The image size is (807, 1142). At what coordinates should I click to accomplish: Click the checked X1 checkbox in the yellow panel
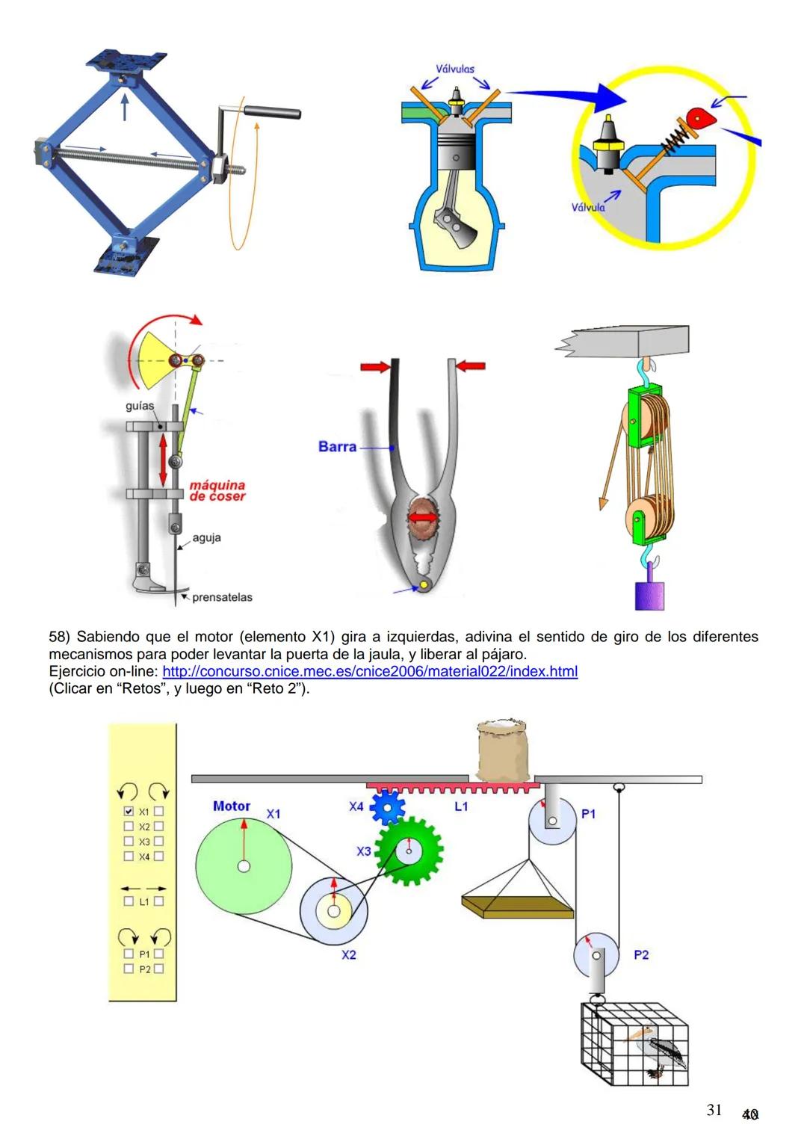[129, 811]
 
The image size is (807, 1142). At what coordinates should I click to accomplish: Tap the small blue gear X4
[387, 806]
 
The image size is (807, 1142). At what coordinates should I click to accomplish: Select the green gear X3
[408, 851]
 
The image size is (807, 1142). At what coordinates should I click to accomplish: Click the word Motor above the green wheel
[232, 806]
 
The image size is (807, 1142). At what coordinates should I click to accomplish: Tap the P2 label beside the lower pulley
[641, 954]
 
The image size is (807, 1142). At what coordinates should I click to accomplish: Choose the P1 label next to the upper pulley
[589, 813]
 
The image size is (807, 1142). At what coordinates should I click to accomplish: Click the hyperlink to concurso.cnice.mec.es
[369, 671]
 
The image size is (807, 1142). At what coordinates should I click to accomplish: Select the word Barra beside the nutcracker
[337, 447]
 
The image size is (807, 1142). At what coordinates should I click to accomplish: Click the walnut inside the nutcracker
[423, 518]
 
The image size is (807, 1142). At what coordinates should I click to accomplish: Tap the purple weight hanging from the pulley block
[649, 594]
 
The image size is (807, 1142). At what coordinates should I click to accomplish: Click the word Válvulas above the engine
[455, 69]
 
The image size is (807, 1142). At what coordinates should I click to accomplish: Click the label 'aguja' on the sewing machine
[206, 537]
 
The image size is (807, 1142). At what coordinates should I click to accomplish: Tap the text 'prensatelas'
[222, 597]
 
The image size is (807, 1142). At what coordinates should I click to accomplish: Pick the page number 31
[714, 1110]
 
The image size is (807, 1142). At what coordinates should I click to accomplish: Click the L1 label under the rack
[461, 806]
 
